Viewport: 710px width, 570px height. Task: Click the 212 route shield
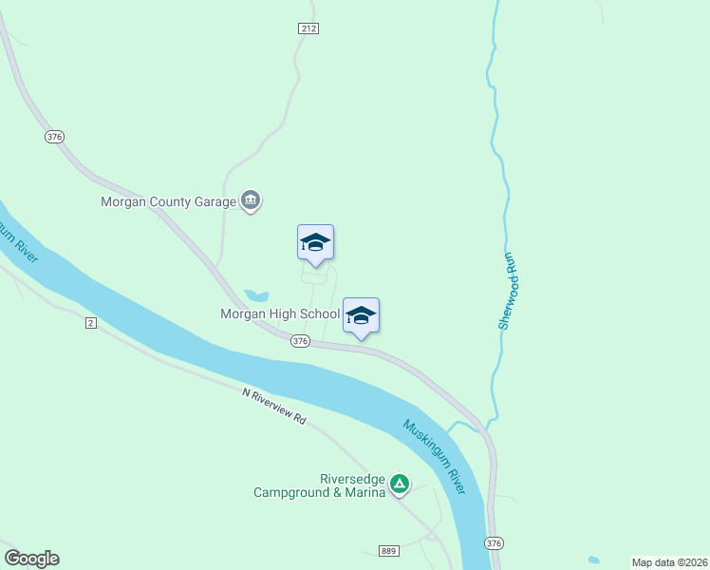coord(308,28)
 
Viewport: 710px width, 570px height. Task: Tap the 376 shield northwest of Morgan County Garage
coord(53,137)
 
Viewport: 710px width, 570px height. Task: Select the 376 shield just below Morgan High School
coord(300,340)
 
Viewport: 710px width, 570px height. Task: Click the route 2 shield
coord(90,323)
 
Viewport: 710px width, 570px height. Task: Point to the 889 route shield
coord(388,551)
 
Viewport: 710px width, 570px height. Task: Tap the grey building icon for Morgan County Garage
coord(252,200)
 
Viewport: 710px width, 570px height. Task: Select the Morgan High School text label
coord(280,313)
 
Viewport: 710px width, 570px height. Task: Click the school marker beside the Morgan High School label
coord(361,315)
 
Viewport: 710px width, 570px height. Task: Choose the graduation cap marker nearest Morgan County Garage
coord(315,242)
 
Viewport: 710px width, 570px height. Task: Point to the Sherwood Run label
coord(508,291)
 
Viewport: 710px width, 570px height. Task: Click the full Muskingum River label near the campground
coord(434,456)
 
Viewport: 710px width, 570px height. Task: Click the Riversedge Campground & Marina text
coord(319,486)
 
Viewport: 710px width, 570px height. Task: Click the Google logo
coord(31,559)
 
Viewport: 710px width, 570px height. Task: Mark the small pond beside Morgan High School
coord(256,295)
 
